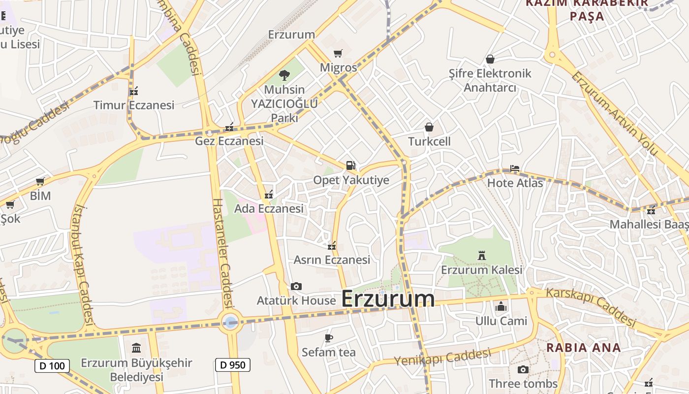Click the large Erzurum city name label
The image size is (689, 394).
click(x=388, y=299)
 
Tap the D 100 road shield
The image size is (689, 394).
click(x=52, y=366)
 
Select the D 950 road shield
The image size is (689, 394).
click(x=233, y=365)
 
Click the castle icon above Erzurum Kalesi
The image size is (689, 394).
click(x=481, y=255)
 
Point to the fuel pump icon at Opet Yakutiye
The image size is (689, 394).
click(x=350, y=165)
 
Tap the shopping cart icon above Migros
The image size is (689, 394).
click(x=338, y=53)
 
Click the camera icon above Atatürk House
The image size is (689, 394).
click(x=296, y=286)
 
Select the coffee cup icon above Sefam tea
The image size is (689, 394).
click(x=328, y=338)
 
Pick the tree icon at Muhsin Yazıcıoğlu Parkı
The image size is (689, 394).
click(x=284, y=75)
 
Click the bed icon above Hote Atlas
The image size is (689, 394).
click(x=514, y=168)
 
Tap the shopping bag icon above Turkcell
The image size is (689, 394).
click(x=429, y=127)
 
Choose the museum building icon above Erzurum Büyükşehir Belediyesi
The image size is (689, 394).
click(x=136, y=348)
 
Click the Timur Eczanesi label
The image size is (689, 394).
click(x=134, y=105)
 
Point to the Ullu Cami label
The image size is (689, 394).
click(x=501, y=321)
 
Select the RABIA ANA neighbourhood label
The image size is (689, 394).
click(x=583, y=347)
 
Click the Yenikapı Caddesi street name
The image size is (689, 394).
click(x=442, y=357)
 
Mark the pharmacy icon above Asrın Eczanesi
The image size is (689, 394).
click(x=332, y=245)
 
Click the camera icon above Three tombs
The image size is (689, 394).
click(x=523, y=369)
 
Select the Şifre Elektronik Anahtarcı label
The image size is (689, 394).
click(x=490, y=80)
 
